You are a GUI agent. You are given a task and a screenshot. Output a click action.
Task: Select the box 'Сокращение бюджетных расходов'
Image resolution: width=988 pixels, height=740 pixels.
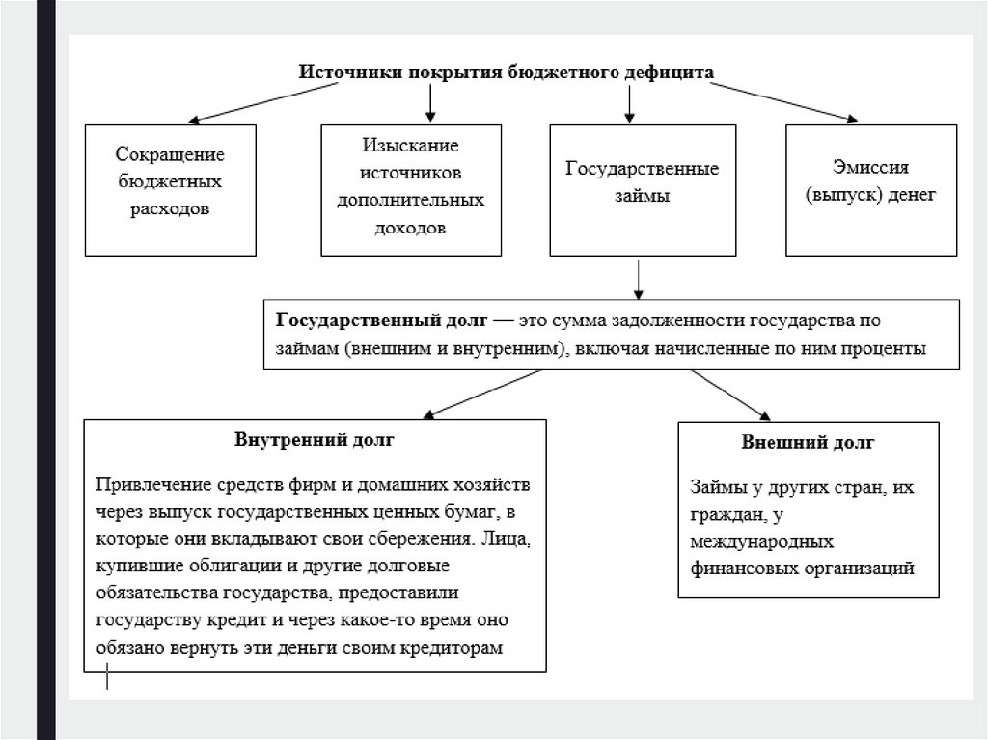tap(170, 189)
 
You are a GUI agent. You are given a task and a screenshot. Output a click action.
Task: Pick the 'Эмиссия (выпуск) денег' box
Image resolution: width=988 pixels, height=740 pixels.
tap(871, 189)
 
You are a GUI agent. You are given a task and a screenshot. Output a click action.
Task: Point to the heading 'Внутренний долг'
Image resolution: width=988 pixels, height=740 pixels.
tap(315, 439)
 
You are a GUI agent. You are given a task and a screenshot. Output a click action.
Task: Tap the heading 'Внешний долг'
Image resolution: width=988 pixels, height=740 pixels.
tap(808, 443)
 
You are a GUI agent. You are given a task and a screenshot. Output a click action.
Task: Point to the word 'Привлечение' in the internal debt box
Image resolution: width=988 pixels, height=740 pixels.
tap(147, 482)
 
